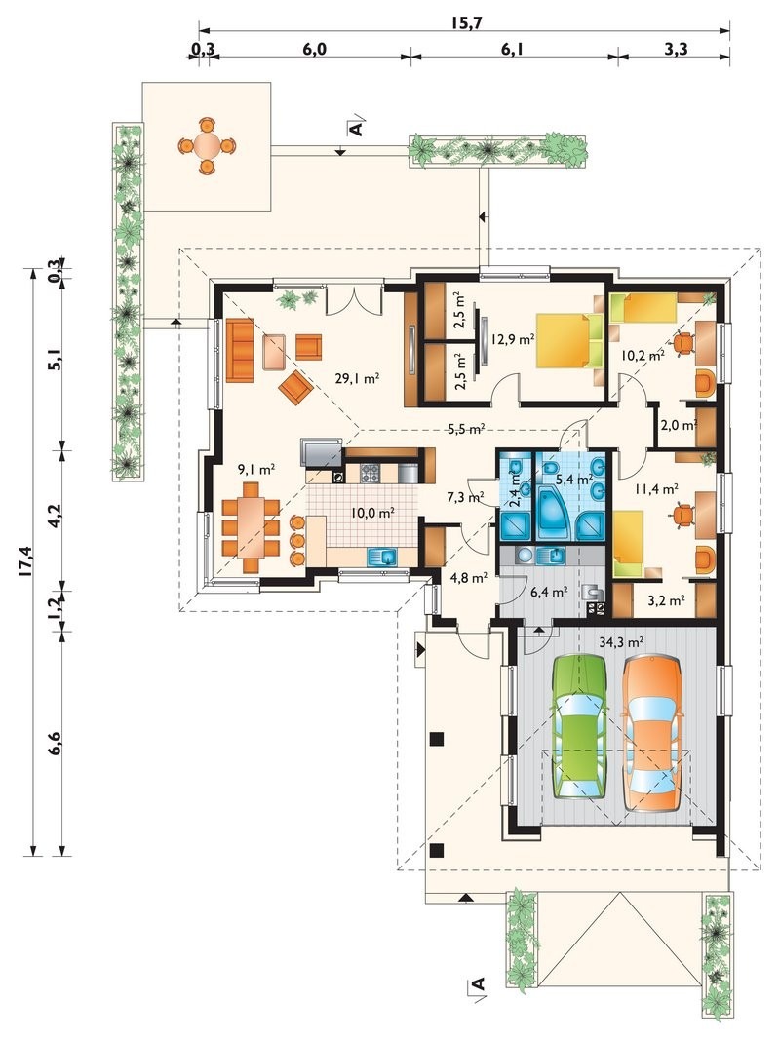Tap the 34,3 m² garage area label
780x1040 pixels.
click(620, 642)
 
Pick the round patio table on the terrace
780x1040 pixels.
click(207, 146)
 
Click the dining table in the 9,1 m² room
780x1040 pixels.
click(252, 530)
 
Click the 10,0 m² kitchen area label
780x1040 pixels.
click(372, 512)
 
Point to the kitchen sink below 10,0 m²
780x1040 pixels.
click(381, 557)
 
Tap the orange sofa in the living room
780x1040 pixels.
click(239, 350)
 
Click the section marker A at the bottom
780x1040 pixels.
click(479, 985)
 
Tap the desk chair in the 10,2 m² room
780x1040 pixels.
click(684, 342)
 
